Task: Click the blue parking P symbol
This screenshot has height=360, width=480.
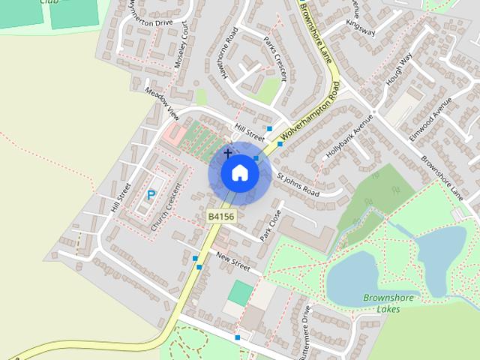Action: [x=151, y=195]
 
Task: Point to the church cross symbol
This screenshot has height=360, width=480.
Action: [x=228, y=153]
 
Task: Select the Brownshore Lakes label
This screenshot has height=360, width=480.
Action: [x=389, y=303]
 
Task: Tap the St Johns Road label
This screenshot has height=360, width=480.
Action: [x=298, y=184]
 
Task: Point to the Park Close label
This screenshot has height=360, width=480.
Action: [x=269, y=225]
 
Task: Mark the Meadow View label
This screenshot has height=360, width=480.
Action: [x=163, y=104]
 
